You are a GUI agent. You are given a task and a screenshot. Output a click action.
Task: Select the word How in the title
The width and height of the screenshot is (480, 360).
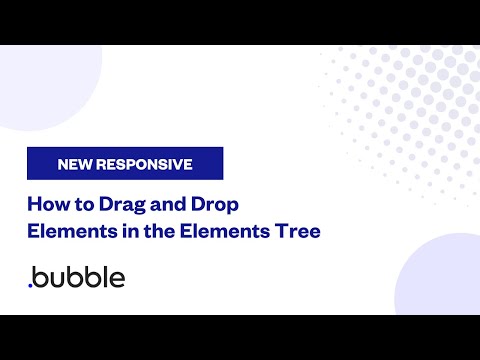pos(45,206)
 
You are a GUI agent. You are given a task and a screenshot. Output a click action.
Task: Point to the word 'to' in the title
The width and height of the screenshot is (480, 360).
pos(78,206)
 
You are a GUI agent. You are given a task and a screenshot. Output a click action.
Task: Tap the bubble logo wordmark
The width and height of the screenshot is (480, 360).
pos(79,277)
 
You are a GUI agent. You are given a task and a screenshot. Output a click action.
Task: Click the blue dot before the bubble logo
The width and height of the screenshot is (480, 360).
pos(30,285)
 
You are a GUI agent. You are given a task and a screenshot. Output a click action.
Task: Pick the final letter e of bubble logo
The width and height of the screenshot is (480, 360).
pos(117,279)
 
